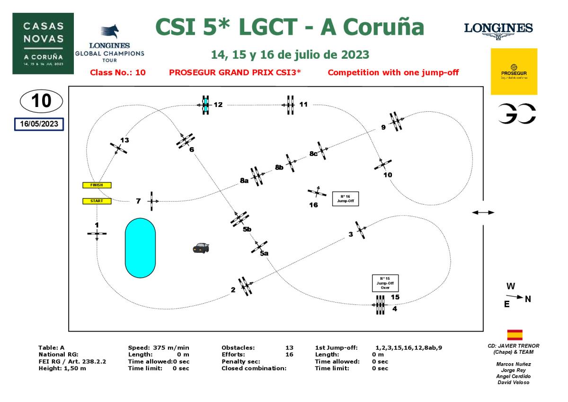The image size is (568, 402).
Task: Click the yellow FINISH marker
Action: click(x=96, y=185)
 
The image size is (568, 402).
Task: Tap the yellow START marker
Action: click(x=96, y=201)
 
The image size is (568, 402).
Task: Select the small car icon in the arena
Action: click(x=201, y=247)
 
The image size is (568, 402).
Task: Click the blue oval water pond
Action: click(x=140, y=248)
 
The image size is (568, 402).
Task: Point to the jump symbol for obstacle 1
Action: click(x=97, y=233)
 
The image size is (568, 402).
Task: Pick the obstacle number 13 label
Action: click(x=124, y=140)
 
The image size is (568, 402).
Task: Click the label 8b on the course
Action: click(x=279, y=167)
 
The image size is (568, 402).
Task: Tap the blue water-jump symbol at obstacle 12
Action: click(x=205, y=104)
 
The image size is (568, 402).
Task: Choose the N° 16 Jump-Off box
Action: click(x=343, y=198)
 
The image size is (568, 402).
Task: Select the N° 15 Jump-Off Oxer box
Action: click(x=385, y=283)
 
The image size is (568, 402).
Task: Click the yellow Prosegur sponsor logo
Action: click(x=514, y=71)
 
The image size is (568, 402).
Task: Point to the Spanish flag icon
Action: click(x=515, y=335)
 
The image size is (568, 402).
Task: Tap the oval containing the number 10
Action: click(x=42, y=102)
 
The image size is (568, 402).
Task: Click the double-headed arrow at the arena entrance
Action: click(x=483, y=213)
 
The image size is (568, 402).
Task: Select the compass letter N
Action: click(x=528, y=299)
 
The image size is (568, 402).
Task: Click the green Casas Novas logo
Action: click(x=43, y=43)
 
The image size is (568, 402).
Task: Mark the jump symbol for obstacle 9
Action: click(x=396, y=122)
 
